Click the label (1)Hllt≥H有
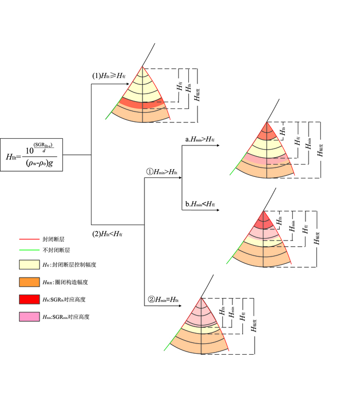[109, 76]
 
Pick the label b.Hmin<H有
[200, 204]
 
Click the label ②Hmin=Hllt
[163, 299]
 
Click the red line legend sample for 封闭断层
[29, 240]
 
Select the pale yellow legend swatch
[29, 264]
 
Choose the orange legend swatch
[29, 282]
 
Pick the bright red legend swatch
[29, 299]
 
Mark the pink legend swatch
[29, 317]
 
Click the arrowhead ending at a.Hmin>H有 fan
[218, 146]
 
